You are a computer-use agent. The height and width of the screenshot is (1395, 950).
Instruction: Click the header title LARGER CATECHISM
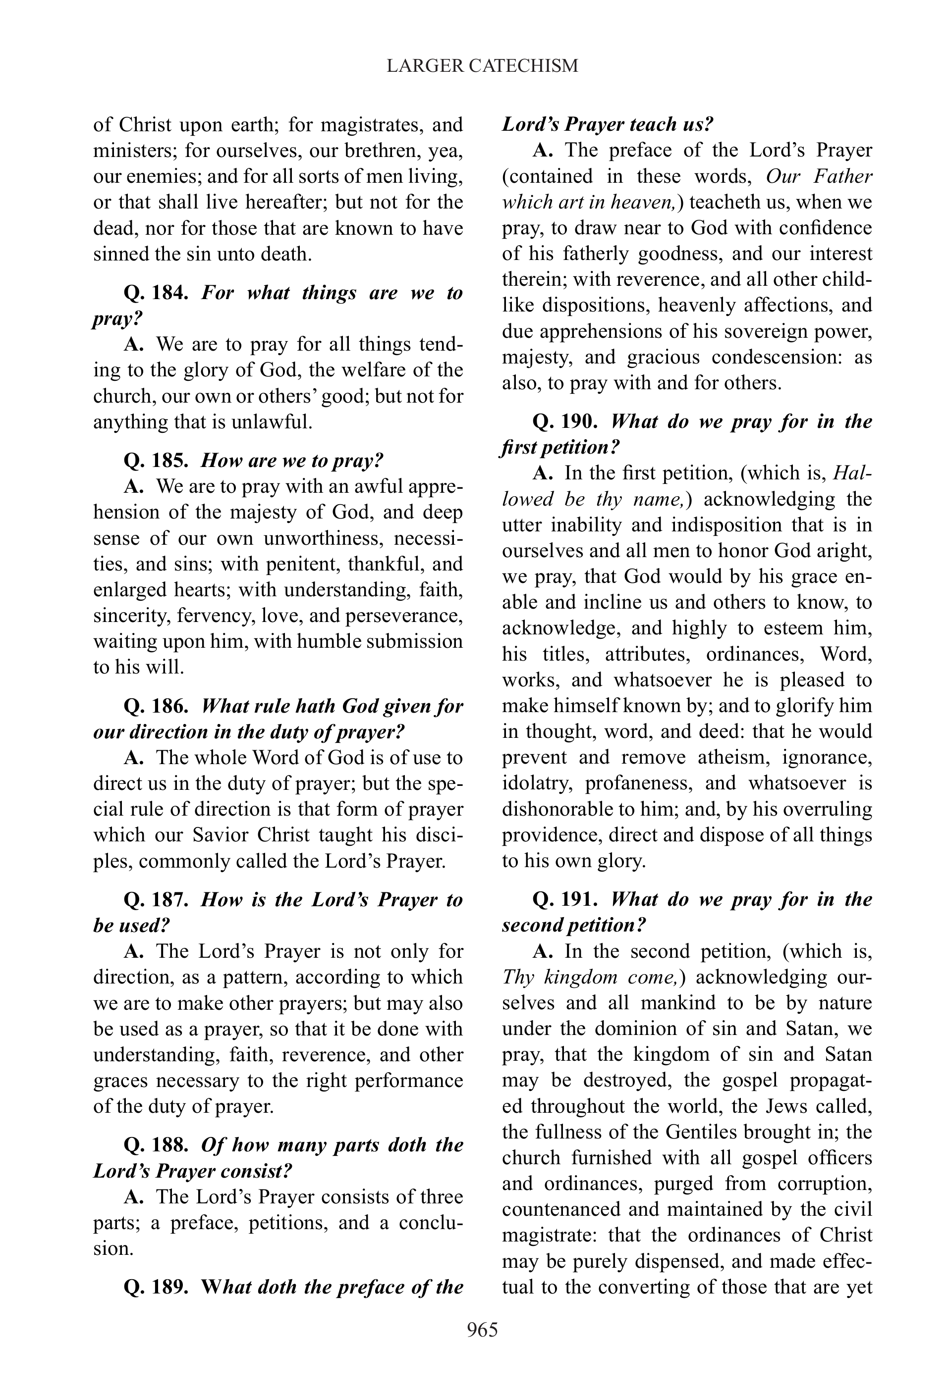482,65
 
